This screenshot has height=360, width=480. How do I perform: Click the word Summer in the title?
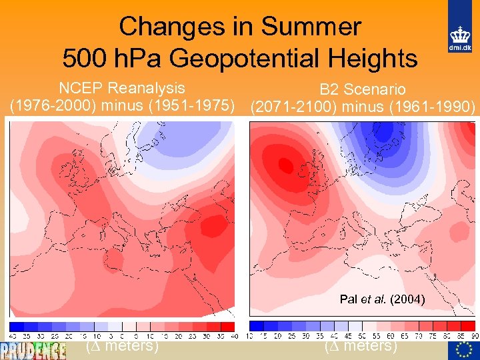tap(311, 27)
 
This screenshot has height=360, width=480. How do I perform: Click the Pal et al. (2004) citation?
tap(382, 299)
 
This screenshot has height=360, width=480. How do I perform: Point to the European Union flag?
tap(465, 350)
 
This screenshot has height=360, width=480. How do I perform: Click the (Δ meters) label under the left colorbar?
tap(122, 346)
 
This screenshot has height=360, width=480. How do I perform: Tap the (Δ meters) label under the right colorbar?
tap(361, 346)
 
